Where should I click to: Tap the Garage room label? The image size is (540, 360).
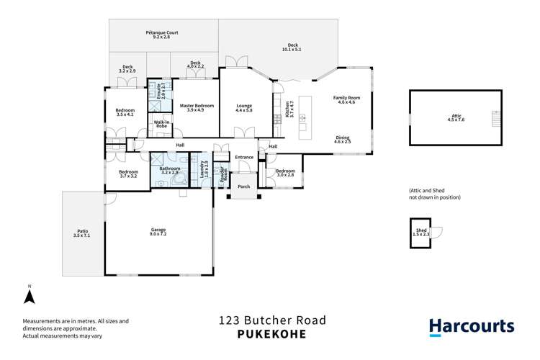pos(158,232)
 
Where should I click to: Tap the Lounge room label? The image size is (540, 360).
pos(244,108)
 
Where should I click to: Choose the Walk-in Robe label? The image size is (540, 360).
pos(161,124)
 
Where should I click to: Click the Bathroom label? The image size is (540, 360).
pos(169,171)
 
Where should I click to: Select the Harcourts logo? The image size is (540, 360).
pos(472,326)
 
